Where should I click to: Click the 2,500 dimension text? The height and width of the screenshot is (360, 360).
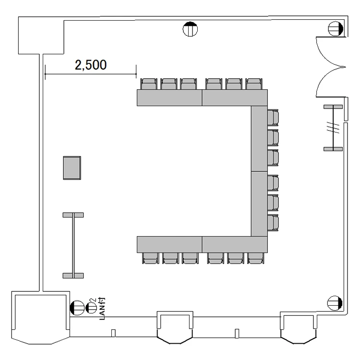tap(91, 65)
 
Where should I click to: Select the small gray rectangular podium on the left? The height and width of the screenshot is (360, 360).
tap(72, 168)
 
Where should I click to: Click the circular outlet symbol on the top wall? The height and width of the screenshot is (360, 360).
tap(190, 29)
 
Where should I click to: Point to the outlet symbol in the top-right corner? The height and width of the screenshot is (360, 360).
tap(336, 29)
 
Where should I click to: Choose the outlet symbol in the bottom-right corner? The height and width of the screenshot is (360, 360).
tap(335, 303)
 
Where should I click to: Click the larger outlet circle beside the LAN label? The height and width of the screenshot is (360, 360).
tap(77, 308)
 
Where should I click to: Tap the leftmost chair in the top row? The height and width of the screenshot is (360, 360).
tap(149, 84)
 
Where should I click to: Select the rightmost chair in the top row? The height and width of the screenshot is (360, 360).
tap(254, 84)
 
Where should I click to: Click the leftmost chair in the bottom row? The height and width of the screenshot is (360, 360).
tap(150, 258)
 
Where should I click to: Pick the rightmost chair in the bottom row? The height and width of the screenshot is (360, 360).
tap(256, 258)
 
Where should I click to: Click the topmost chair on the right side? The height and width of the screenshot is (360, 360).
tap(273, 118)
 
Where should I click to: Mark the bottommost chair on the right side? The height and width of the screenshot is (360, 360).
tap(273, 223)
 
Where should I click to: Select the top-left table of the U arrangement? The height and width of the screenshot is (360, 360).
tap(169, 98)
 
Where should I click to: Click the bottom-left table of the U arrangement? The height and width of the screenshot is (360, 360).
tap(169, 244)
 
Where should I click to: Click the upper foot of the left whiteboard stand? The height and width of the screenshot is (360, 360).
tap(73, 215)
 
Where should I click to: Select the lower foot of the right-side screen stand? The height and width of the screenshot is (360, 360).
tap(333, 149)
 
